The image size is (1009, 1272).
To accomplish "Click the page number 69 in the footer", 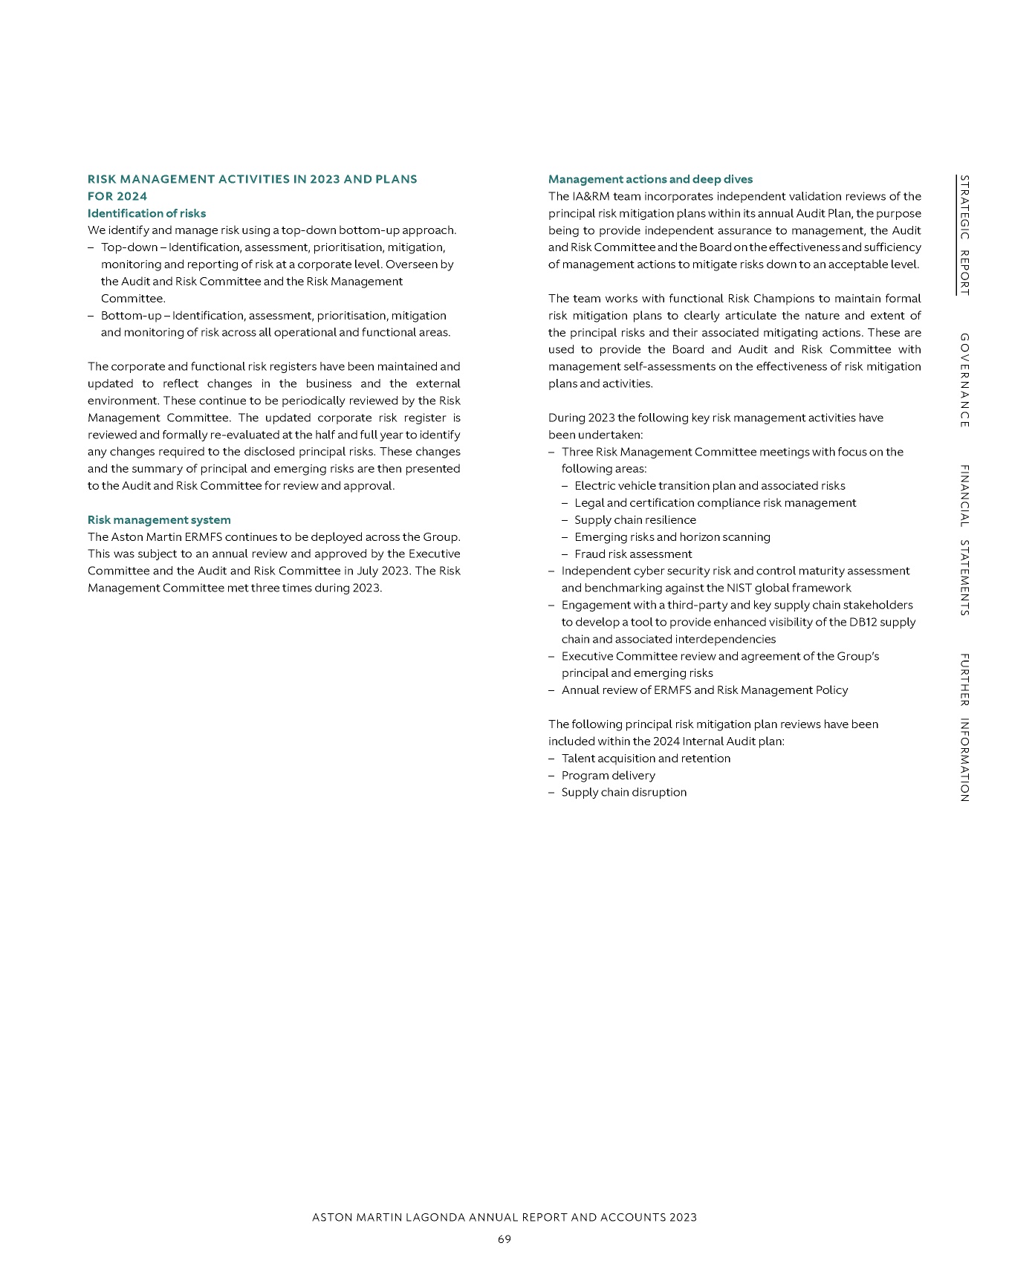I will [504, 1239].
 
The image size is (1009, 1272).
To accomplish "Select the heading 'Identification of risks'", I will [146, 213].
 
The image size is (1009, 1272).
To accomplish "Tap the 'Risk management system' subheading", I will [159, 520].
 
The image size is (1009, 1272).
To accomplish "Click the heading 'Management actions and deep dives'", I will [650, 179].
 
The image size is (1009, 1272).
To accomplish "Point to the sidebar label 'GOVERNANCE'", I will [964, 380].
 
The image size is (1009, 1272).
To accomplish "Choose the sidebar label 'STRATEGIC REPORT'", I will [964, 235].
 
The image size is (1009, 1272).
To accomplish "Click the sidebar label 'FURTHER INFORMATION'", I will [964, 727].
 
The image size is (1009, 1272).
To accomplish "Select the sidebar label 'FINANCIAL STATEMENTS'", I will [964, 540].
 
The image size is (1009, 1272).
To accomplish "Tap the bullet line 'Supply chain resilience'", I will [635, 520].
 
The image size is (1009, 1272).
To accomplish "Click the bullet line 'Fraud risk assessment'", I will [633, 554].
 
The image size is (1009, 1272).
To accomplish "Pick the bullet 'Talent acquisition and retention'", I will [646, 759].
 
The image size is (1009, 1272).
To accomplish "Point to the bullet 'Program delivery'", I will [608, 776].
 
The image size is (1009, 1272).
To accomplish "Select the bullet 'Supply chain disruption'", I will [623, 793].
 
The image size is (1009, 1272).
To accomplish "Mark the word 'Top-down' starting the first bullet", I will [129, 247].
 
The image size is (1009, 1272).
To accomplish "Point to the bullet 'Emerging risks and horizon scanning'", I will [672, 537].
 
